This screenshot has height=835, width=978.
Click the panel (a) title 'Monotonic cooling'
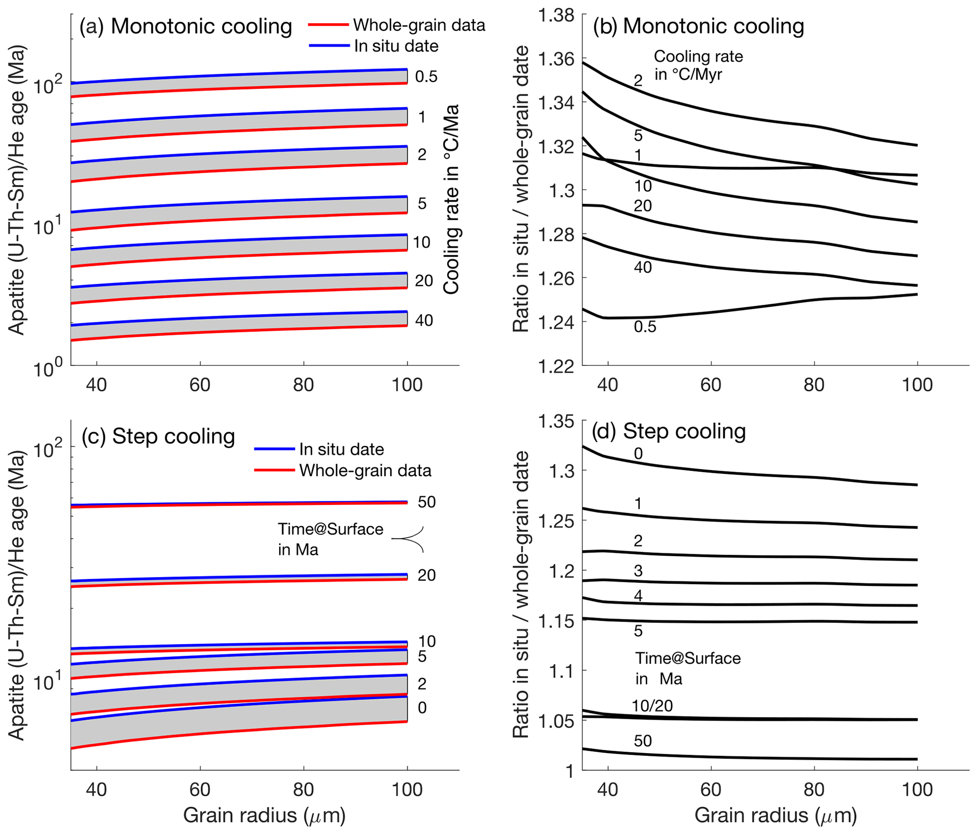(x=201, y=27)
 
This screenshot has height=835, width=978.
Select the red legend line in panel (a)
(x=328, y=25)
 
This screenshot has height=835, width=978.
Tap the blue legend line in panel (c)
(x=274, y=449)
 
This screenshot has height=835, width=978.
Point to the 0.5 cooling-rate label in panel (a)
(x=426, y=77)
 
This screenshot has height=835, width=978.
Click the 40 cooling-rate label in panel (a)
(x=424, y=320)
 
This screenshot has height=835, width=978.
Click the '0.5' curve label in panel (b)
(x=645, y=327)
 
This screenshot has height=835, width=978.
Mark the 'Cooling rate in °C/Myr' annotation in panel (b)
(x=698, y=65)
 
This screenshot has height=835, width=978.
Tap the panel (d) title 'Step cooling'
(x=684, y=431)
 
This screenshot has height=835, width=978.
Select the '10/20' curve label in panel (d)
(x=652, y=706)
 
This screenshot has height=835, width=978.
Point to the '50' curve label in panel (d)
(x=643, y=741)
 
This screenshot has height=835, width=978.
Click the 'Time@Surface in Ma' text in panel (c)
(x=330, y=539)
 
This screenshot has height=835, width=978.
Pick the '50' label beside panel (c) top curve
(x=426, y=502)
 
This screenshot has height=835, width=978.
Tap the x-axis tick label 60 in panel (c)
(x=200, y=790)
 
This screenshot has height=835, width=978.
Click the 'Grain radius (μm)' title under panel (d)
(x=775, y=815)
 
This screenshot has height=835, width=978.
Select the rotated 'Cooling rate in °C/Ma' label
(x=451, y=199)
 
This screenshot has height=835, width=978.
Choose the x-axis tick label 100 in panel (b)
(x=917, y=385)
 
